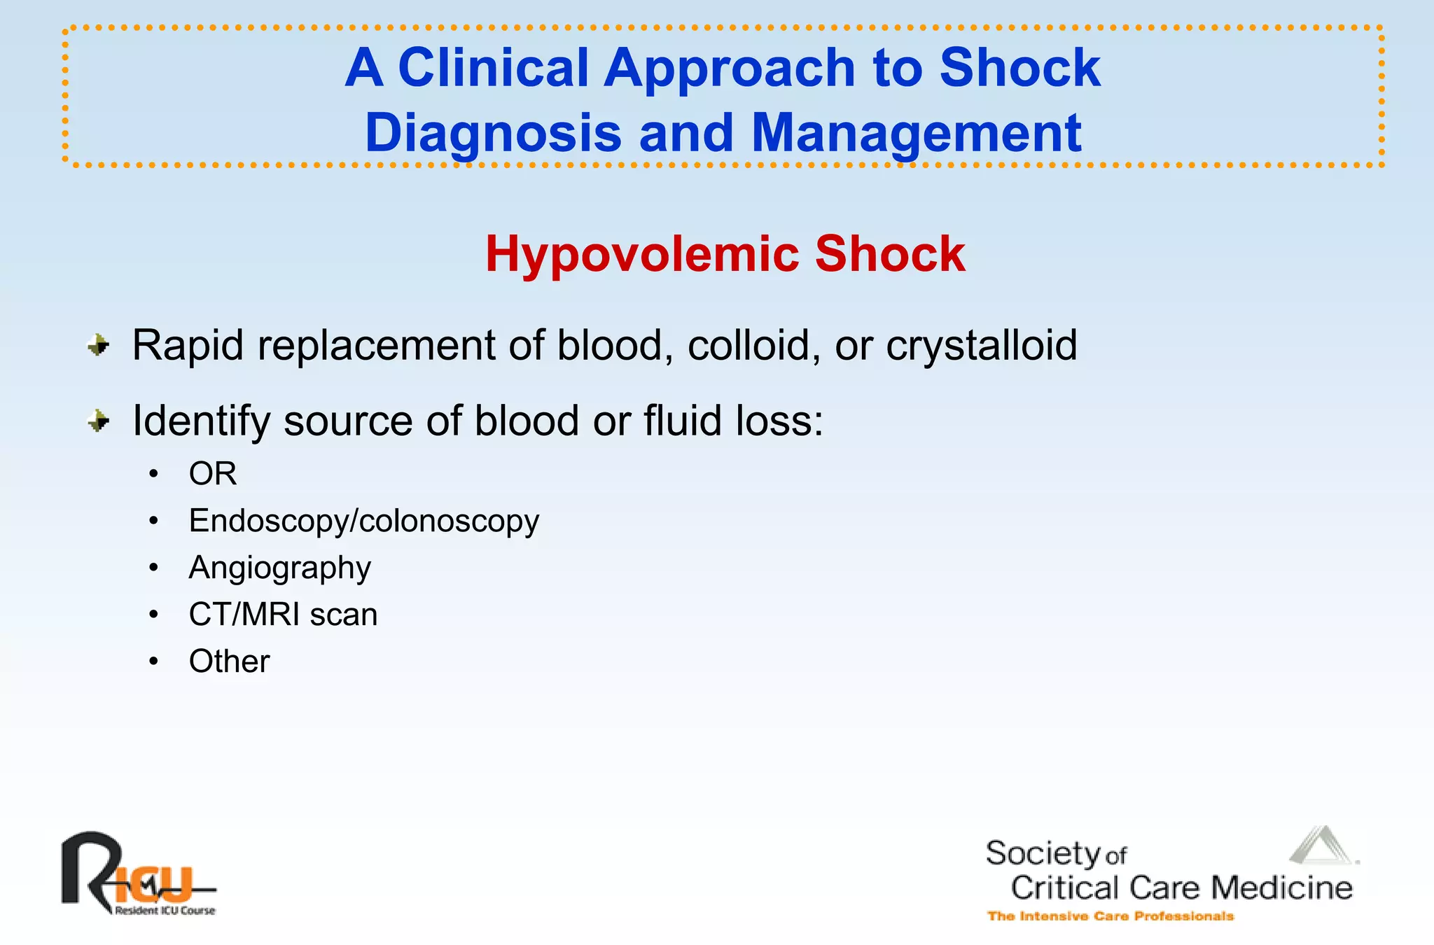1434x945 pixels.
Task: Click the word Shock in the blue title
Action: (1019, 68)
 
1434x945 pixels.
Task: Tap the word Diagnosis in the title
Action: (493, 133)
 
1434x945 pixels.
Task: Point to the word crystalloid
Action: (981, 346)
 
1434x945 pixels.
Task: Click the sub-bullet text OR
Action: (213, 474)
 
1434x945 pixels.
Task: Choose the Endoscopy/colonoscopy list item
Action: (364, 521)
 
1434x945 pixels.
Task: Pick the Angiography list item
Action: (279, 568)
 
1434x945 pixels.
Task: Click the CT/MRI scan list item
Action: (283, 615)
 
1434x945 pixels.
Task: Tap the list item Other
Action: (229, 661)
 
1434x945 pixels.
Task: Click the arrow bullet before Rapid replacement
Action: (99, 345)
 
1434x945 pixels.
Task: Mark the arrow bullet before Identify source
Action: (99, 421)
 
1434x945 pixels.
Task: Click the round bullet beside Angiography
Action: (153, 568)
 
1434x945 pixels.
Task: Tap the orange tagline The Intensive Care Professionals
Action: (1110, 916)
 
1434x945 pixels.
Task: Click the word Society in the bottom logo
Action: (1043, 853)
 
